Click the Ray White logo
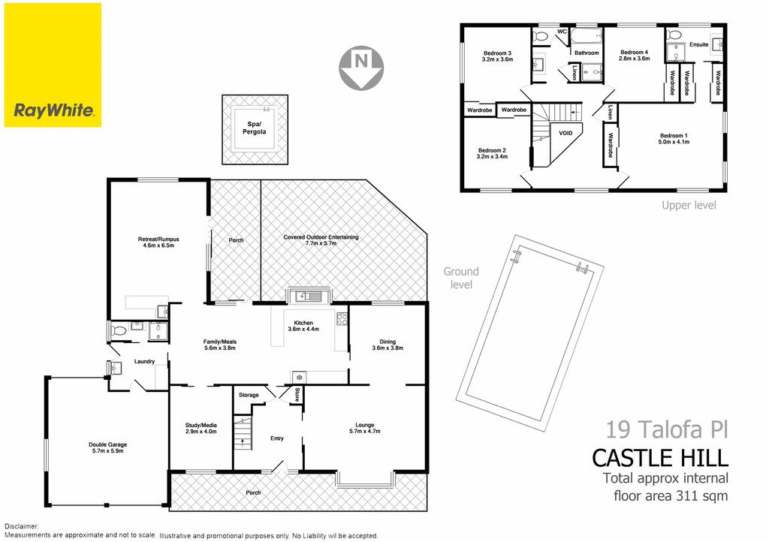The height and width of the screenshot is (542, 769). click(53, 65)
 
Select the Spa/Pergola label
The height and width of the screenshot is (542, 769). click(255, 128)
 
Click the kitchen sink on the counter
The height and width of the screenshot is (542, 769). click(309, 296)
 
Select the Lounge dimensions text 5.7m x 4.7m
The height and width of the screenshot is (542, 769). click(365, 431)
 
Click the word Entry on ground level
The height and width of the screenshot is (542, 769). click(277, 438)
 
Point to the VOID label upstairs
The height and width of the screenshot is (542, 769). click(565, 133)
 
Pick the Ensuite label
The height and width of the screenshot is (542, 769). click(699, 44)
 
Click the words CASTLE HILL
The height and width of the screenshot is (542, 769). click(660, 458)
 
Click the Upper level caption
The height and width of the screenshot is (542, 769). click(689, 206)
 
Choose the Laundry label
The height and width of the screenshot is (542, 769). click(145, 362)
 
